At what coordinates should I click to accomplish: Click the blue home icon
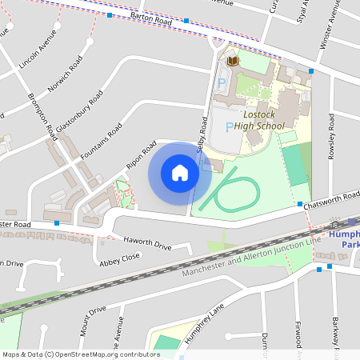point(180,173)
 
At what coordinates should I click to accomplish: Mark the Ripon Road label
point(140,155)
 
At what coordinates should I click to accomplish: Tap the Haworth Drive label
point(146,243)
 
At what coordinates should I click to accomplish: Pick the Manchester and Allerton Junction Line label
point(250,256)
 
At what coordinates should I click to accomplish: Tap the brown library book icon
point(232,61)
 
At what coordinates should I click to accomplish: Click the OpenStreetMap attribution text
point(81,354)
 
